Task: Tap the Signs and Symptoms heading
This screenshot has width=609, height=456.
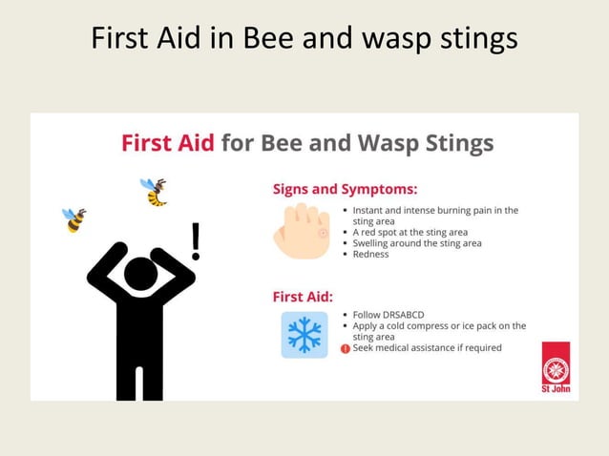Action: pyautogui.click(x=345, y=188)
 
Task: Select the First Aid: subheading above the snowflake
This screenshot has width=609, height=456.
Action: pyautogui.click(x=303, y=297)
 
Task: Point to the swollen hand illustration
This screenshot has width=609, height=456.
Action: pyautogui.click(x=302, y=230)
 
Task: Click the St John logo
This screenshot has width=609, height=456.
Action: pyautogui.click(x=556, y=367)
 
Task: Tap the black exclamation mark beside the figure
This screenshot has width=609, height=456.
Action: pyautogui.click(x=196, y=241)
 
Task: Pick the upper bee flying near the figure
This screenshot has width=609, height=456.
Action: pyautogui.click(x=154, y=191)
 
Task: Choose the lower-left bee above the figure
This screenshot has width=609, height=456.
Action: pyautogui.click(x=74, y=219)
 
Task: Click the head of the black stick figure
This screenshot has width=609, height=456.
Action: pyautogui.click(x=140, y=275)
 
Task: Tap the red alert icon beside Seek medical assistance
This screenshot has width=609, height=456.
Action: pyautogui.click(x=346, y=348)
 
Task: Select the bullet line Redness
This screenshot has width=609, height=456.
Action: pyautogui.click(x=370, y=254)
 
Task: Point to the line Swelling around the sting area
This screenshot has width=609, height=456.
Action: pyautogui.click(x=416, y=243)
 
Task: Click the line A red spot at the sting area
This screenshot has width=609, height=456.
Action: pyautogui.click(x=410, y=232)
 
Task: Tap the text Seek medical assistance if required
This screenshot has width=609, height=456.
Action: pyautogui.click(x=427, y=348)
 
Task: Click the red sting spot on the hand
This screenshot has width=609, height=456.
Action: pyautogui.click(x=322, y=233)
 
